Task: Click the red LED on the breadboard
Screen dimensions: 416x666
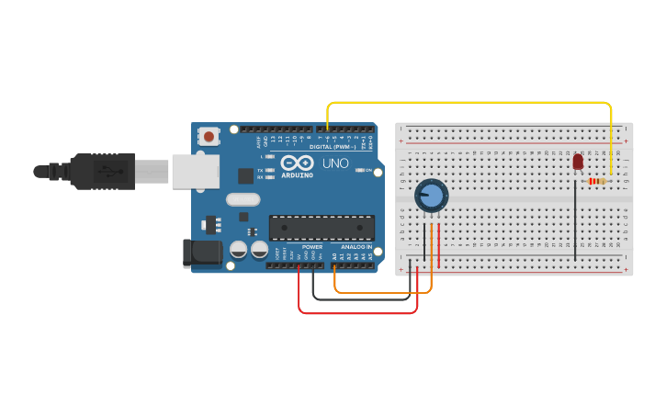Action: (578, 162)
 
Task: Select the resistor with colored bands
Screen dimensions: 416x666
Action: (597, 181)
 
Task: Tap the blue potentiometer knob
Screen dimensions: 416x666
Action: (431, 196)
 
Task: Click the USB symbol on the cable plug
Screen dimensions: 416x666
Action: (107, 171)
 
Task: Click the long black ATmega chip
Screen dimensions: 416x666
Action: (322, 228)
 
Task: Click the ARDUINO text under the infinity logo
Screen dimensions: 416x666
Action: (297, 174)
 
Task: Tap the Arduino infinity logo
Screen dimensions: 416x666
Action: (297, 163)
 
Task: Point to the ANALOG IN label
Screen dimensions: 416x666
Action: (356, 247)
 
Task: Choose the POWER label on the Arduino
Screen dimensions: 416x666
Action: (312, 247)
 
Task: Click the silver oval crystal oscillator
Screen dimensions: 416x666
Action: (243, 199)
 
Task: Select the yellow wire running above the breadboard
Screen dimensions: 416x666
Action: (468, 102)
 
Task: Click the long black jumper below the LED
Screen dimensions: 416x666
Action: (576, 220)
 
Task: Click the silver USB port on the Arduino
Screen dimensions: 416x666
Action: (196, 171)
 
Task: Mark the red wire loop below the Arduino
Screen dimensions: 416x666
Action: (358, 312)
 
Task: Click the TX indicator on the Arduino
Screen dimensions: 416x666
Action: (267, 170)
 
